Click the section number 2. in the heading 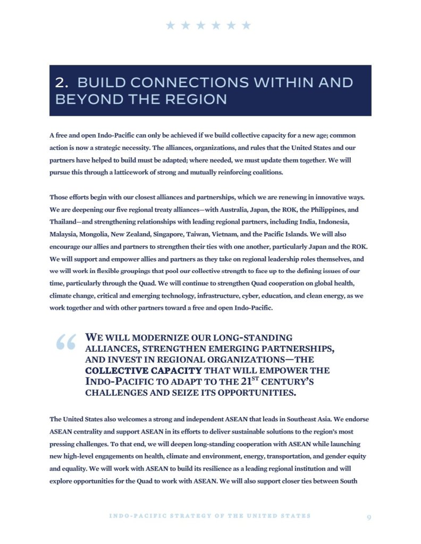(63, 83)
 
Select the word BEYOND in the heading (85, 99)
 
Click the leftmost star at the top (170, 25)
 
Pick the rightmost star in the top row (246, 25)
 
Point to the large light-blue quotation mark (66, 344)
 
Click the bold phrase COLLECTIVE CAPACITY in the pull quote (144, 370)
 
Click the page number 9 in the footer (369, 516)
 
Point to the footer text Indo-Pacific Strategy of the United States (210, 516)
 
